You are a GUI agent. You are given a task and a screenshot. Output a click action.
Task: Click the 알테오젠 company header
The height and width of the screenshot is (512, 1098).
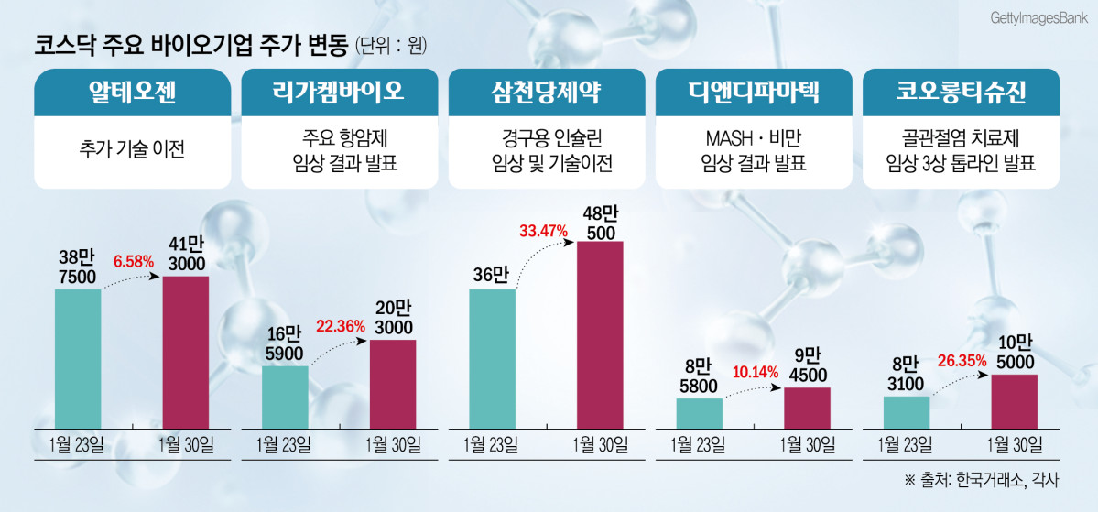132,93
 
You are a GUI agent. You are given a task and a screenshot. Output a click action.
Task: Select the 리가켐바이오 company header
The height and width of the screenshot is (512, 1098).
339,93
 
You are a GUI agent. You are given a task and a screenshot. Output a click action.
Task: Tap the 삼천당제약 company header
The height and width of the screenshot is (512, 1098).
546,93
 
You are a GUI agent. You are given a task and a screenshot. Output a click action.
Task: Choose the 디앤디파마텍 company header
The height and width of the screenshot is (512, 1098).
754,93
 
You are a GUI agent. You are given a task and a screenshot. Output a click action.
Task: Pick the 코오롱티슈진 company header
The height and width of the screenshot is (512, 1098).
961,93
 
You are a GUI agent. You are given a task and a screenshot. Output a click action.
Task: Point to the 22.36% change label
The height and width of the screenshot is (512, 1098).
340,325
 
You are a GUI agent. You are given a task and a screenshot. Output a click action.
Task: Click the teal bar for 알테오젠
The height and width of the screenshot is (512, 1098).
78,358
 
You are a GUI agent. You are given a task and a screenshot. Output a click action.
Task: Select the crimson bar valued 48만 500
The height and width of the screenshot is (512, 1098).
600,334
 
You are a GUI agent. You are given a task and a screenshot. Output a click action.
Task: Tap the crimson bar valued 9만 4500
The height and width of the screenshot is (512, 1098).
807,407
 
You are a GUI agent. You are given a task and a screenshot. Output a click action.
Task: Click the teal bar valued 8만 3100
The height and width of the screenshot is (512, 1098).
907,411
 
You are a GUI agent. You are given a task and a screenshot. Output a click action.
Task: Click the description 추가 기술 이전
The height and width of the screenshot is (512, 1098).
132,148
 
